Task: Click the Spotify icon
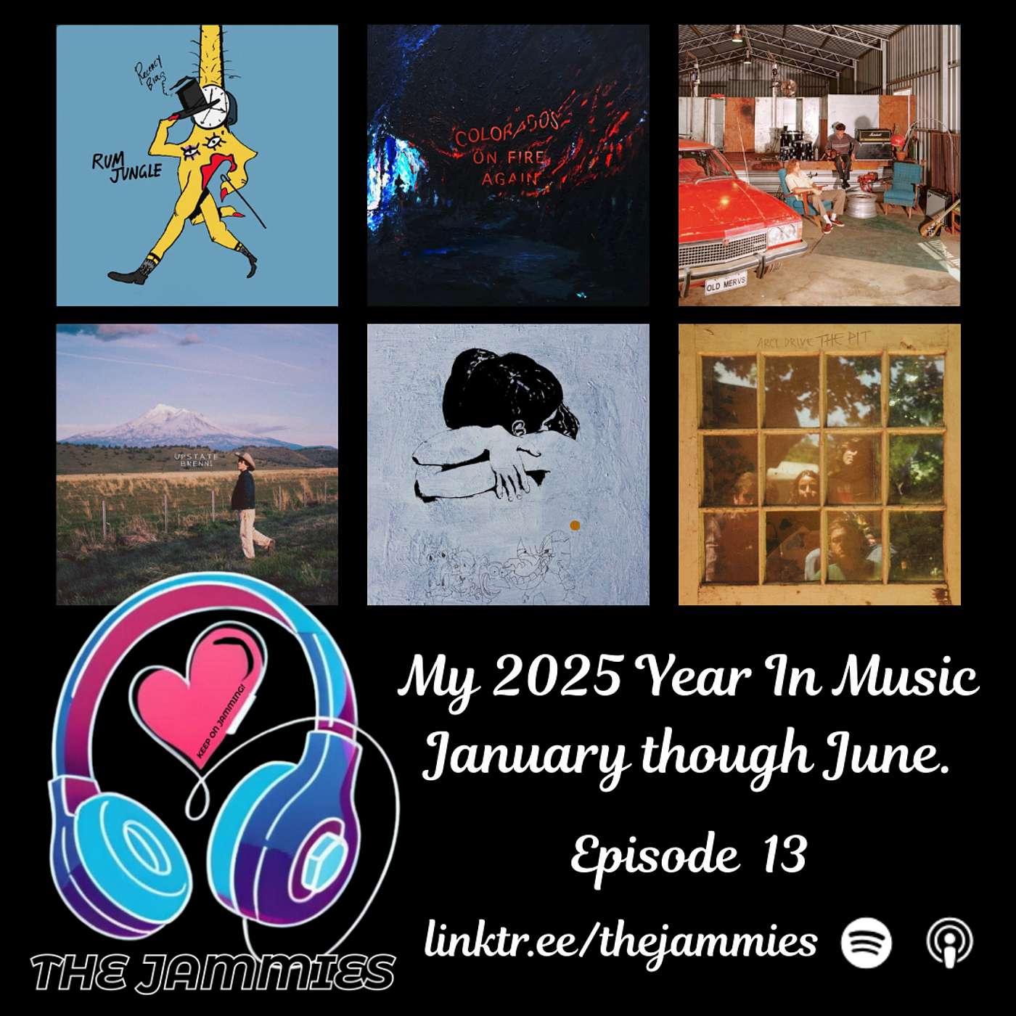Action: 866,942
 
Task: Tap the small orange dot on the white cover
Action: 575,525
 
